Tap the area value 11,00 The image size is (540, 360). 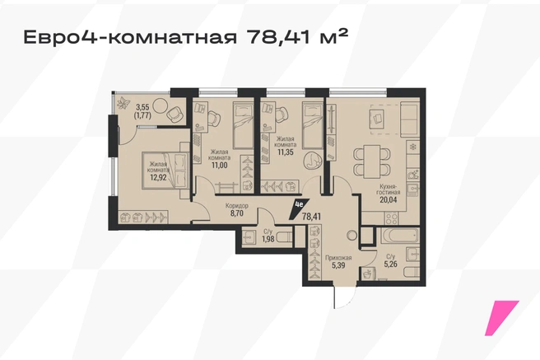coord(219,165)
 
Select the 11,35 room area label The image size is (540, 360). coord(286,152)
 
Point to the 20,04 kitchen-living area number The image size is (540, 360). coord(389,199)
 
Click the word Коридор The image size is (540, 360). coord(237,206)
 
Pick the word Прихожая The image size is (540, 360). coord(338,258)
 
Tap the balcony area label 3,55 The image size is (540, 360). coord(142,108)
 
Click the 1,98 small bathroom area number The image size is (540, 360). coord(268,239)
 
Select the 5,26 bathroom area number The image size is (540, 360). coord(390,264)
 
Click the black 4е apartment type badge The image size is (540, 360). coord(298,208)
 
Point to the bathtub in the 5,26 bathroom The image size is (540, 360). coord(399,236)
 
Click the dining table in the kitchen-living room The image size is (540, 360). coord(372,161)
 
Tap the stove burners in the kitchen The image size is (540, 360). coord(391,218)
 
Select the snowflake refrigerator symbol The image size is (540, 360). coord(412,147)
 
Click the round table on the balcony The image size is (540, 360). coord(159,105)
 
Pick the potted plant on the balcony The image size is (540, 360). coord(123,103)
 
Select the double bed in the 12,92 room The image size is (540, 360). coord(166,171)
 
